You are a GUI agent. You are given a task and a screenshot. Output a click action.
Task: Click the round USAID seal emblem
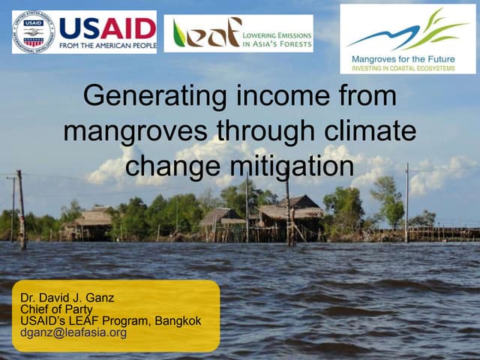click(34, 31)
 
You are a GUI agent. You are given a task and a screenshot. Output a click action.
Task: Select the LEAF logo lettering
click(205, 33)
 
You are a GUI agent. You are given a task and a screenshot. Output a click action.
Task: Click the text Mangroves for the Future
click(407, 57)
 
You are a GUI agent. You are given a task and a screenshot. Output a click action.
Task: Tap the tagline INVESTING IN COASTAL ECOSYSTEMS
click(407, 67)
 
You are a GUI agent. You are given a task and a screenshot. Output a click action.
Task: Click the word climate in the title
click(370, 131)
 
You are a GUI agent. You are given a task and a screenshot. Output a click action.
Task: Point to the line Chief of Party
click(57, 309)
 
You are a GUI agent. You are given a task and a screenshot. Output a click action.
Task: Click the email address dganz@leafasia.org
click(73, 332)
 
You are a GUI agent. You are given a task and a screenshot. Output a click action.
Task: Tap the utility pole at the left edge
click(21, 210)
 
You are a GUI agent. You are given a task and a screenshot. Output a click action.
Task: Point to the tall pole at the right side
click(406, 202)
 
